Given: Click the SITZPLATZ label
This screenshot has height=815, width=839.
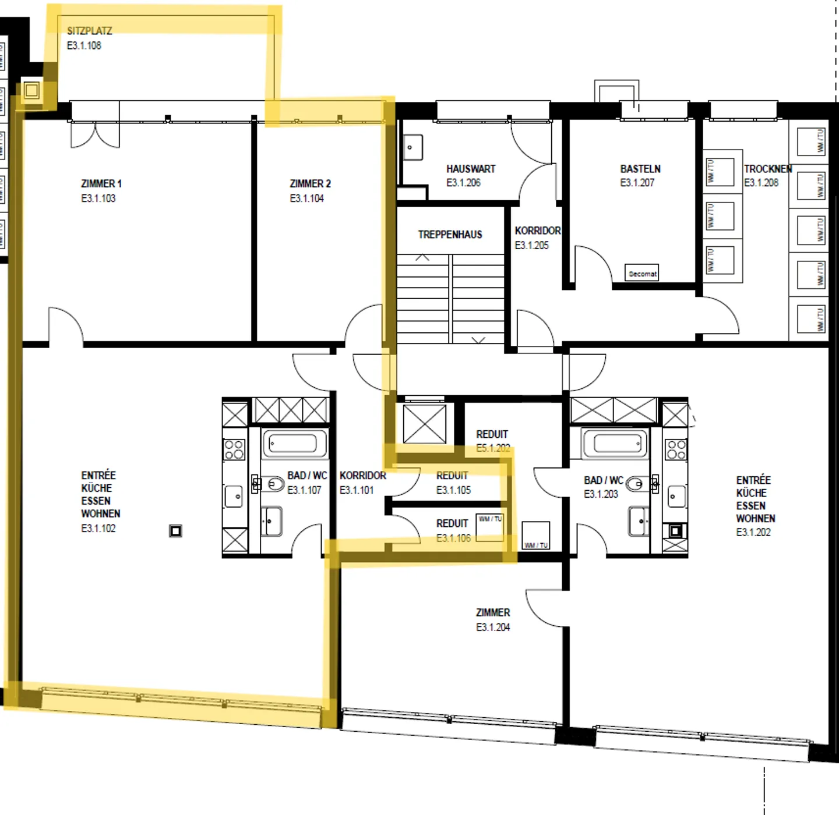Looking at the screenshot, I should [89, 31].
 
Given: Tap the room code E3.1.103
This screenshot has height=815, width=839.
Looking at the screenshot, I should [98, 199].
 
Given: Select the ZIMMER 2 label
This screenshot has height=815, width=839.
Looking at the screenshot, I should [310, 184].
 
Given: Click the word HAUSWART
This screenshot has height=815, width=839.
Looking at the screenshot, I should [471, 169].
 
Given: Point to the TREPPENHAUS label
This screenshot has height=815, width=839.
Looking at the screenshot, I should [450, 235].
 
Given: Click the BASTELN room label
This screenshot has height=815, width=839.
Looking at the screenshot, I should [640, 169].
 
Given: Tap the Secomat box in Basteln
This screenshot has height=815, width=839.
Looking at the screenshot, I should [642, 273].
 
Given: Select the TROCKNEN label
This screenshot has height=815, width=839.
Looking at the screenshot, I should [767, 169].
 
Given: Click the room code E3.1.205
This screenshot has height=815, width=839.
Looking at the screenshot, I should [531, 246].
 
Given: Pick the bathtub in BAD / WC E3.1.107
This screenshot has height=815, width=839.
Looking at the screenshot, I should [295, 444].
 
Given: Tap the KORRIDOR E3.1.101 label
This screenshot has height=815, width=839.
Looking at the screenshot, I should [362, 476].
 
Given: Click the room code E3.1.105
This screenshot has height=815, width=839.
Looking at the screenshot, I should [453, 490].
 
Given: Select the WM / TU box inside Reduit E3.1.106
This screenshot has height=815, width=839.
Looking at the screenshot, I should [490, 527].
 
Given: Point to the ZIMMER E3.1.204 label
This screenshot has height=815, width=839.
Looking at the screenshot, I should [493, 613].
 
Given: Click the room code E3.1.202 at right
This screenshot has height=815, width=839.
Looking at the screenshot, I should [753, 533].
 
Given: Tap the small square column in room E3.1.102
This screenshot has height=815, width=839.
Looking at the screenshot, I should [175, 531].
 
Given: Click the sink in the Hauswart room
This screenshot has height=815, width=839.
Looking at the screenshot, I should [413, 147].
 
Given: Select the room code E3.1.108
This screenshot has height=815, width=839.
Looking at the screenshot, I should [84, 45].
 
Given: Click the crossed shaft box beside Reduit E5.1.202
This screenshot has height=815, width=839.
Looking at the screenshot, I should [425, 425].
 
